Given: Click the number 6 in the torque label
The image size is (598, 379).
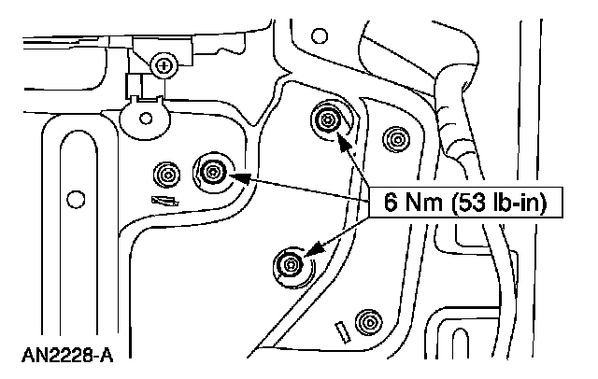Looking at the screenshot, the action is (x=389, y=202).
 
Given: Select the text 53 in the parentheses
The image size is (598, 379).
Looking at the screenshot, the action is (x=463, y=202).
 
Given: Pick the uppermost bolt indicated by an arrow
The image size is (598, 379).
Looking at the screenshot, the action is (x=327, y=119).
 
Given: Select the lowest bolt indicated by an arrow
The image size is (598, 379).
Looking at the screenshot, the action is (x=290, y=264).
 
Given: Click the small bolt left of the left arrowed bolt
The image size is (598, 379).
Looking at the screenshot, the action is (x=168, y=174).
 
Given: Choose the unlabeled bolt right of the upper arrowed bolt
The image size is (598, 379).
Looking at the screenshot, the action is (x=397, y=140).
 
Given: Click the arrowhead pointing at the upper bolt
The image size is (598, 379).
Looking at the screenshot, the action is (x=343, y=142).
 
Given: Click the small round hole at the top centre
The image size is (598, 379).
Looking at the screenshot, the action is (x=320, y=37).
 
